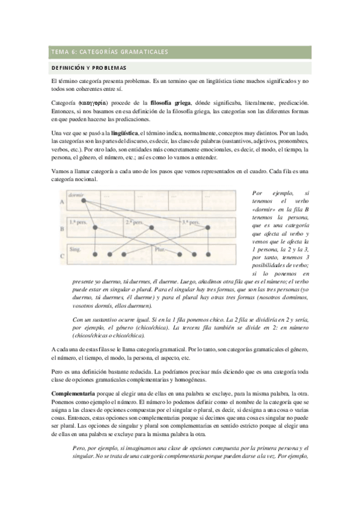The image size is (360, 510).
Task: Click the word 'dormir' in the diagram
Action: [x=75, y=194]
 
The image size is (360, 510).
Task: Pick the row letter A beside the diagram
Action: [x=61, y=203]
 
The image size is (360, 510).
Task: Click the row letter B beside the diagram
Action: [x=61, y=229]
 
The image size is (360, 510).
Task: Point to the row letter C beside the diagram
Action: [x=61, y=256]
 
